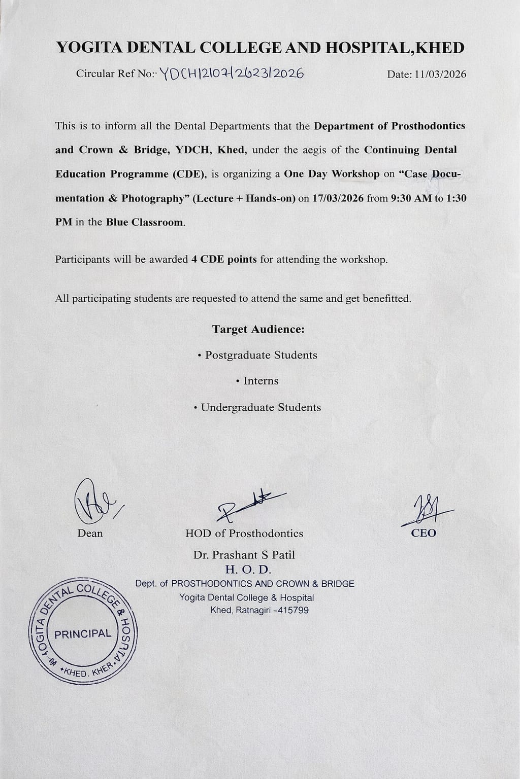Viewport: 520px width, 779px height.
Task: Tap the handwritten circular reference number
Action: (x=232, y=74)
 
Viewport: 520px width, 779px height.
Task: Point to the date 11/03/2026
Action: (x=440, y=74)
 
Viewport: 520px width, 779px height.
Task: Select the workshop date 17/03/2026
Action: (x=338, y=198)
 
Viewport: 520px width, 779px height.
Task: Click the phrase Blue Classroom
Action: (x=145, y=222)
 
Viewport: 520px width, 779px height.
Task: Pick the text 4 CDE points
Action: (x=224, y=260)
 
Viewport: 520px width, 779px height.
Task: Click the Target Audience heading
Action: (x=258, y=329)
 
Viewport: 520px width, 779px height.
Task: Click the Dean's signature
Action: (x=94, y=502)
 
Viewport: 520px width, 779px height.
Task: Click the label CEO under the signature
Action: (x=424, y=533)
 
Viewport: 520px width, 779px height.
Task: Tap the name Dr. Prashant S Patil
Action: (x=244, y=555)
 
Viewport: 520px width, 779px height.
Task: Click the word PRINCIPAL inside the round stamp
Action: (x=83, y=634)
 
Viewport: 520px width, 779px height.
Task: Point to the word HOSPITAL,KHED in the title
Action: (x=394, y=48)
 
